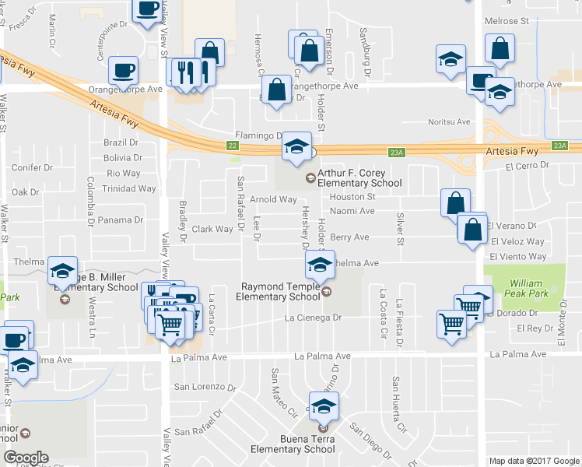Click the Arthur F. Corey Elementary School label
[x=359, y=178]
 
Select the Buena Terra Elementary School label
[x=293, y=444]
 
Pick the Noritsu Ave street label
[x=451, y=121]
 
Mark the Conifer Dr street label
[x=32, y=167]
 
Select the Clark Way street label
[x=212, y=229]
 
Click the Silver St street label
[x=401, y=229]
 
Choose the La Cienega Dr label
[x=313, y=318]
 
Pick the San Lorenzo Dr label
[x=204, y=387]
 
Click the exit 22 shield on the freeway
[x=232, y=145]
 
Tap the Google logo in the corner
[x=26, y=458]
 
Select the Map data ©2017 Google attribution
[x=534, y=461]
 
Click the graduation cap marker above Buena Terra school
[x=324, y=406]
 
